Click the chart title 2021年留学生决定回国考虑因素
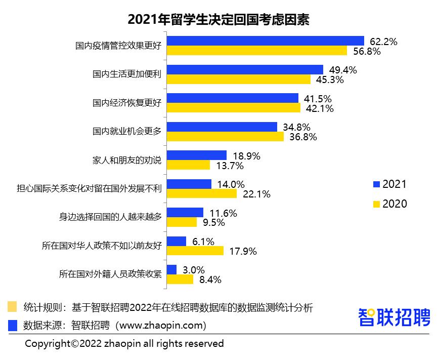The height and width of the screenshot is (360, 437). pyautogui.click(x=218, y=20)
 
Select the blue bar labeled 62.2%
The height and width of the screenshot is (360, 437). pyautogui.click(x=266, y=41)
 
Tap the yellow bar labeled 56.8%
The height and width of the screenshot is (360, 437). pyautogui.click(x=257, y=51)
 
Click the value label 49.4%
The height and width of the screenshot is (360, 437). pyautogui.click(x=343, y=70)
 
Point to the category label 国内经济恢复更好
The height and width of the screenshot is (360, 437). pyautogui.click(x=126, y=103)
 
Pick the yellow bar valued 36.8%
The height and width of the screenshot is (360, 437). pyautogui.click(x=225, y=137)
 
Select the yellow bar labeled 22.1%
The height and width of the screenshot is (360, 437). pyautogui.click(x=202, y=193)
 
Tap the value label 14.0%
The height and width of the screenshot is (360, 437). pyautogui.click(x=231, y=184)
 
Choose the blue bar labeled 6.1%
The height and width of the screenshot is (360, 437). pyautogui.click(x=177, y=242)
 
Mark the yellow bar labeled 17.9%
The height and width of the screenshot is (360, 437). pyautogui.click(x=195, y=251)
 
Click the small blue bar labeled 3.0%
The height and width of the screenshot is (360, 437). pyautogui.click(x=171, y=270)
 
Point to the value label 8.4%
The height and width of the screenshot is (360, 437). pyautogui.click(x=210, y=279)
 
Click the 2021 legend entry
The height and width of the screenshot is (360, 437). pyautogui.click(x=389, y=184)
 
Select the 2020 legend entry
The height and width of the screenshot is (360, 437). pyautogui.click(x=389, y=204)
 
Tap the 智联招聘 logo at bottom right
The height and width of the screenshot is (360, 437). pyautogui.click(x=395, y=317)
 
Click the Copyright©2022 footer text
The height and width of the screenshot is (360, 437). pyautogui.click(x=124, y=343)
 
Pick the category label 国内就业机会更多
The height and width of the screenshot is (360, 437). pyautogui.click(x=126, y=132)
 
